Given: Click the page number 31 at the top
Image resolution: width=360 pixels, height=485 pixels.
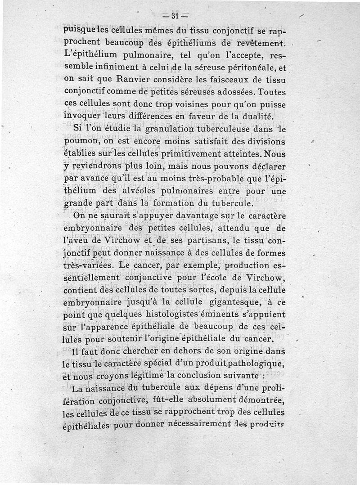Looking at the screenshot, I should coord(173,16).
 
